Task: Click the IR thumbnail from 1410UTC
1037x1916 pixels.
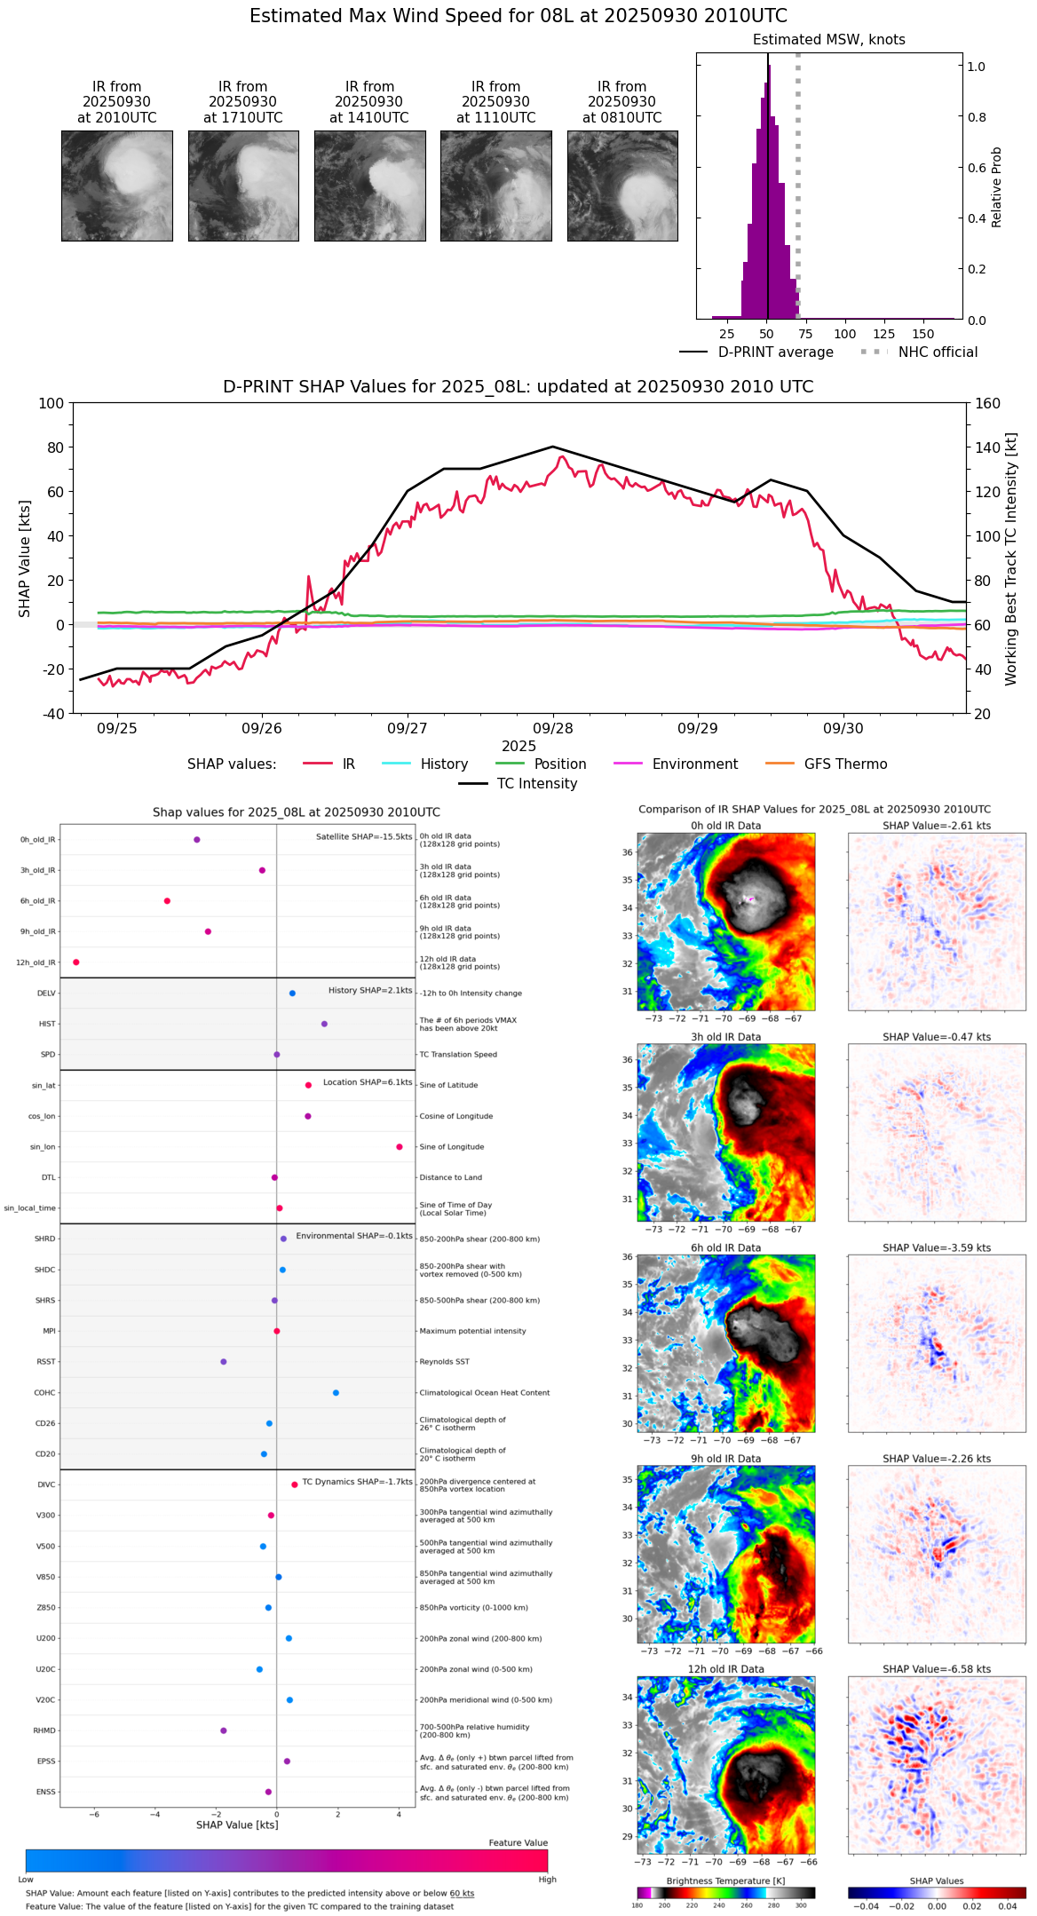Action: pyautogui.click(x=369, y=186)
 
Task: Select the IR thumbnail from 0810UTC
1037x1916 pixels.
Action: pyautogui.click(x=622, y=186)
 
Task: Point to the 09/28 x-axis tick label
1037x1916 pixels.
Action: pyautogui.click(x=552, y=728)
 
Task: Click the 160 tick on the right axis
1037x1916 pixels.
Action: pyautogui.click(x=987, y=404)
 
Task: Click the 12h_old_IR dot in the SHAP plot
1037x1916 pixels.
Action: pyautogui.click(x=76, y=962)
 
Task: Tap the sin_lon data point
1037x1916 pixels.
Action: pyautogui.click(x=400, y=1147)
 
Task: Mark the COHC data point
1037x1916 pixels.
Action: pyautogui.click(x=336, y=1393)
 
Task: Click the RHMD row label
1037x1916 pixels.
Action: pyautogui.click(x=44, y=1730)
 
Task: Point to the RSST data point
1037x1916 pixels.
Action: pyautogui.click(x=224, y=1362)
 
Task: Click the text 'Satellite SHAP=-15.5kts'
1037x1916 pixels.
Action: pyautogui.click(x=364, y=837)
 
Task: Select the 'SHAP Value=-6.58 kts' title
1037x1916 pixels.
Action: pyautogui.click(x=937, y=1670)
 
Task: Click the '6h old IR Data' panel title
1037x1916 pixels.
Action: pyautogui.click(x=725, y=1248)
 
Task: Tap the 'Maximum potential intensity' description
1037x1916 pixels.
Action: pyautogui.click(x=472, y=1332)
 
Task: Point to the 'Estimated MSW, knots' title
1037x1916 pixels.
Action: pyautogui.click(x=828, y=40)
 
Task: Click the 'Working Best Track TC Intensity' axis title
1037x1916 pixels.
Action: pyautogui.click(x=1011, y=559)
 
